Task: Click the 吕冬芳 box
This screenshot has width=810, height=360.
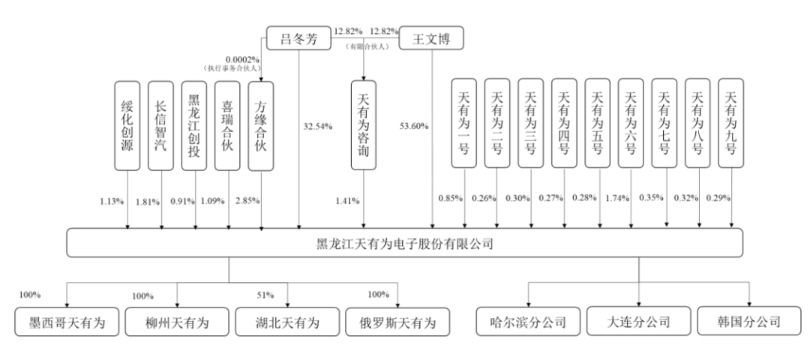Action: tap(299, 38)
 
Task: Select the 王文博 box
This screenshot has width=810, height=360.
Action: tap(431, 38)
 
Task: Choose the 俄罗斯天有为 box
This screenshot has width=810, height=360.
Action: tap(397, 323)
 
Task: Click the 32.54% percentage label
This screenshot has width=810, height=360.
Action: tap(316, 126)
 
